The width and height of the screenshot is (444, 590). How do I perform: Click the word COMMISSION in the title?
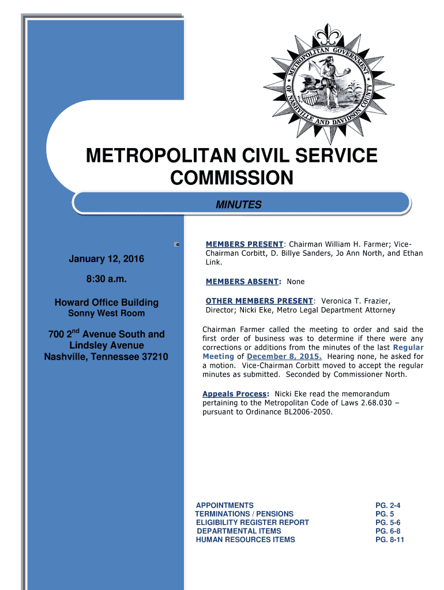pyautogui.click(x=231, y=178)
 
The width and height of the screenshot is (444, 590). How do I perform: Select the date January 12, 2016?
pyautogui.click(x=107, y=259)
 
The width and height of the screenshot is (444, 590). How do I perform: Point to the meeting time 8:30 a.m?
pyautogui.click(x=107, y=280)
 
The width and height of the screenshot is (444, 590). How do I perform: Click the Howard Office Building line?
pyautogui.click(x=107, y=302)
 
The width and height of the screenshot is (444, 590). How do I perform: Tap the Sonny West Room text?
pyautogui.click(x=107, y=313)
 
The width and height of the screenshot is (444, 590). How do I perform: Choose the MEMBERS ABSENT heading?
pyautogui.click(x=242, y=282)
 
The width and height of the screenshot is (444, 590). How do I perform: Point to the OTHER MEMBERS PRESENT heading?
pyautogui.click(x=259, y=301)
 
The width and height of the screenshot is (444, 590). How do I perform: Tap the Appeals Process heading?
pyautogui.click(x=235, y=394)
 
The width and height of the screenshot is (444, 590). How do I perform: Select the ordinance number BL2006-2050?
pyautogui.click(x=308, y=413)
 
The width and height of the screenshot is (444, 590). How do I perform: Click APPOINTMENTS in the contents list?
pyautogui.click(x=225, y=505)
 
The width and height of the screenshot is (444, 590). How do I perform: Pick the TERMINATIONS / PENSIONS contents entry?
pyautogui.click(x=244, y=514)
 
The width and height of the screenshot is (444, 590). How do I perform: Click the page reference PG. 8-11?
pyautogui.click(x=389, y=540)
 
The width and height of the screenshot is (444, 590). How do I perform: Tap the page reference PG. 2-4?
pyautogui.click(x=387, y=505)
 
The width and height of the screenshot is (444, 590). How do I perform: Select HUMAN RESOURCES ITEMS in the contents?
pyautogui.click(x=246, y=540)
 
